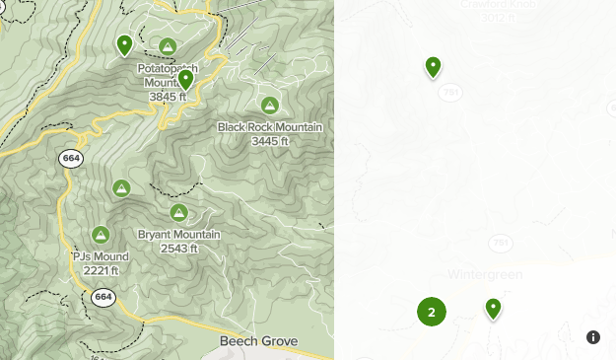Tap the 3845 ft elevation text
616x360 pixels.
click(167, 98)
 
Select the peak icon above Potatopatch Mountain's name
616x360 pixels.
click(168, 46)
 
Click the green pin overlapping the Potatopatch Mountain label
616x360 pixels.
click(185, 80)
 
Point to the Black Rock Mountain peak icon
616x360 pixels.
click(269, 105)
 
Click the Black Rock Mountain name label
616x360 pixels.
click(256, 127)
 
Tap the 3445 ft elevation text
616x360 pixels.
click(270, 141)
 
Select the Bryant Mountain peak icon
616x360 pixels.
click(178, 212)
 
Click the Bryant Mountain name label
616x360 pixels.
click(178, 235)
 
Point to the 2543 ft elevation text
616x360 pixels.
click(179, 249)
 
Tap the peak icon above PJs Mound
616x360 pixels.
click(100, 234)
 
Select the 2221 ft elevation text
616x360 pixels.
click(101, 271)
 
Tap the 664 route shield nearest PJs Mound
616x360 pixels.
click(103, 296)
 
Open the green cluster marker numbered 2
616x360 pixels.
click(431, 312)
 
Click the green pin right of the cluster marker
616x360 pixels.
click(493, 309)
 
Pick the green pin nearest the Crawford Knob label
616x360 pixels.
click(433, 66)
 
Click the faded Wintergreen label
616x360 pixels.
click(485, 273)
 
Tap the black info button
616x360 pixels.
click(593, 337)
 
